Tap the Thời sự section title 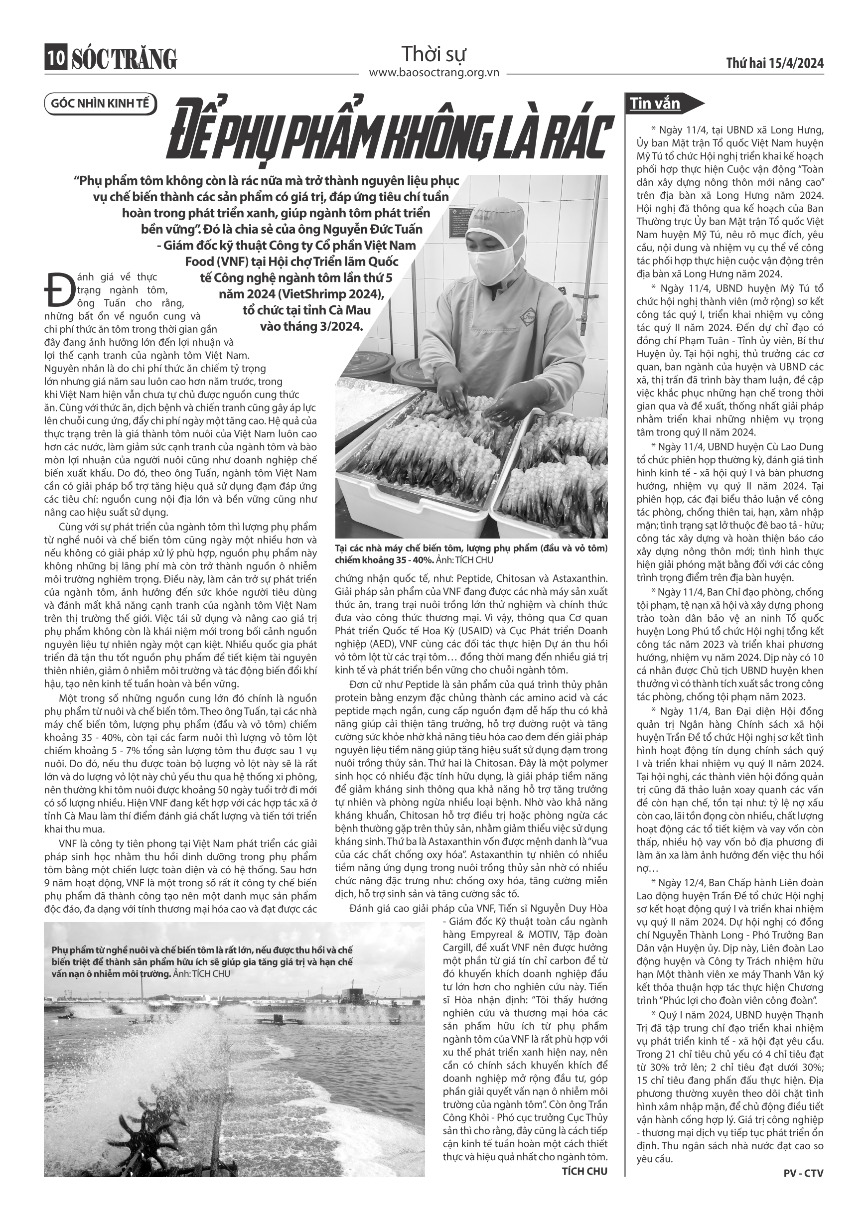click(434, 54)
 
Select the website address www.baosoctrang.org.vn click(434, 73)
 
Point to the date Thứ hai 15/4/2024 click(775, 64)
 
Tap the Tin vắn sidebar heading click(655, 103)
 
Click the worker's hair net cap click(494, 219)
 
